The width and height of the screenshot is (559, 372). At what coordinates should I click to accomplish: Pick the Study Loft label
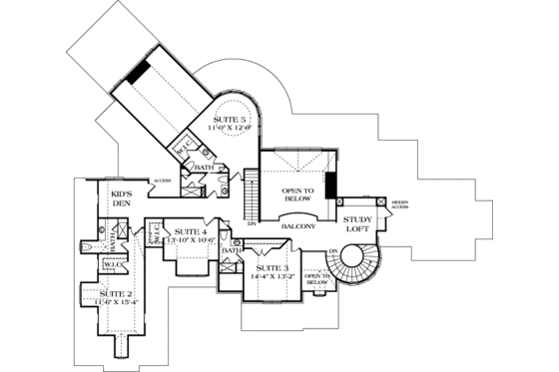(x=357, y=225)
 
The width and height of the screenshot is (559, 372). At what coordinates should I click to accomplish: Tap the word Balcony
(x=298, y=226)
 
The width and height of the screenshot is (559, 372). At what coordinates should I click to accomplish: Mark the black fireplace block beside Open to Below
(x=330, y=188)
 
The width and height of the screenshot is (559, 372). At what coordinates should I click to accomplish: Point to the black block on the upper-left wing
(x=141, y=73)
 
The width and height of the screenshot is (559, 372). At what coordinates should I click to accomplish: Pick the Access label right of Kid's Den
(x=162, y=181)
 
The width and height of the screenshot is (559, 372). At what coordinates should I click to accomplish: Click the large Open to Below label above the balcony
(x=297, y=193)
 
